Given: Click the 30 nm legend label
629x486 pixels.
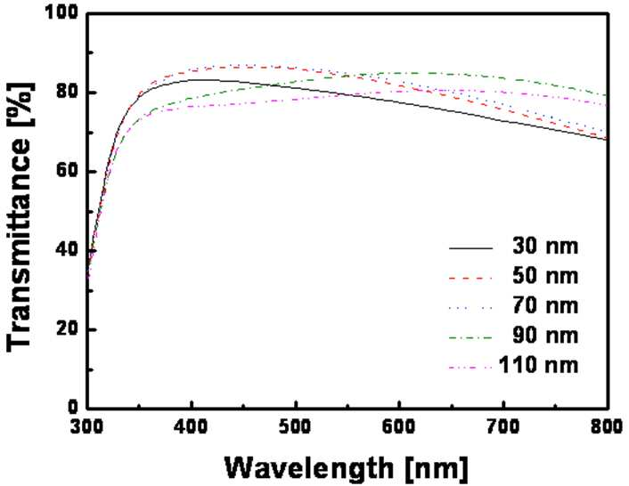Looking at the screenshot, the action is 545,246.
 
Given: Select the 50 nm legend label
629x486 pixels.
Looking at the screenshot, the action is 545,276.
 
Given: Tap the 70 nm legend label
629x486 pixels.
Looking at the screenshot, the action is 545,305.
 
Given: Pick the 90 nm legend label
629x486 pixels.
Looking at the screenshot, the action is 545,336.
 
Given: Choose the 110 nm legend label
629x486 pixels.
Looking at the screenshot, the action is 539,365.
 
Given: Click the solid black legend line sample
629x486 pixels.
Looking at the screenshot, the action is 470,249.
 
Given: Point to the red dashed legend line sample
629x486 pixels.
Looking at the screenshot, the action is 470,278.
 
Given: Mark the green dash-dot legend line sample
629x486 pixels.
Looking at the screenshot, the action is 470,337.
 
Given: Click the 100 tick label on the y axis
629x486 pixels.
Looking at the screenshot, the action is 61,12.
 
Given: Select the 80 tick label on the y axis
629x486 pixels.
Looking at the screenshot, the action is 67,92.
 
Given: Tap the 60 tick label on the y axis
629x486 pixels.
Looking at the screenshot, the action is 67,171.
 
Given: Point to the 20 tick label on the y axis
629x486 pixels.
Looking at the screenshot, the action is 67,329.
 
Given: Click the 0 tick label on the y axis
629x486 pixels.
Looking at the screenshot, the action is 73,408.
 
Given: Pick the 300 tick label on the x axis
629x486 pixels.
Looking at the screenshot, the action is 86,427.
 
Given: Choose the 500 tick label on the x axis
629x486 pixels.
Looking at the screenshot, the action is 295,427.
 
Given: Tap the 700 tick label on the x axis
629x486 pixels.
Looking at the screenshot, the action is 503,427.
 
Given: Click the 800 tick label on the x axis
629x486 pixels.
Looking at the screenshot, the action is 607,427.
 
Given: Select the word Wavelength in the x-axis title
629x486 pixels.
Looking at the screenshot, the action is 309,469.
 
